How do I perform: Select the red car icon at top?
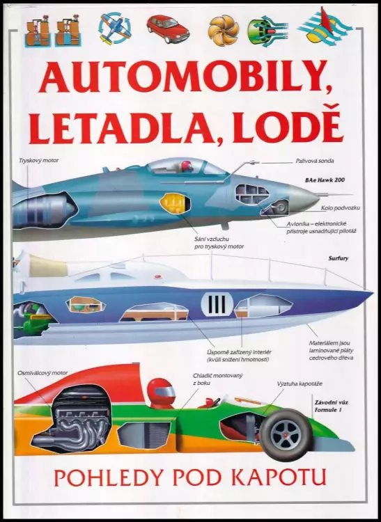(x=168, y=29)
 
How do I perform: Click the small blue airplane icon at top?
(x=114, y=28)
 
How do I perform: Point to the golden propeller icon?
(x=224, y=31)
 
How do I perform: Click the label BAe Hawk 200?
(x=325, y=180)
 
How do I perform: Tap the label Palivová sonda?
(x=315, y=161)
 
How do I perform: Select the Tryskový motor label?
(x=39, y=161)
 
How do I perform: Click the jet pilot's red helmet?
(x=187, y=165)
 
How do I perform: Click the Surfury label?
(x=339, y=258)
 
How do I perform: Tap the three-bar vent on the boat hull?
(x=217, y=304)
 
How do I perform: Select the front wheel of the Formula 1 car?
(x=286, y=435)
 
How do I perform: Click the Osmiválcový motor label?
(x=42, y=373)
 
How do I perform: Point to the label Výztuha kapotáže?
(x=300, y=383)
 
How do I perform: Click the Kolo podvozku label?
(x=341, y=208)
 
